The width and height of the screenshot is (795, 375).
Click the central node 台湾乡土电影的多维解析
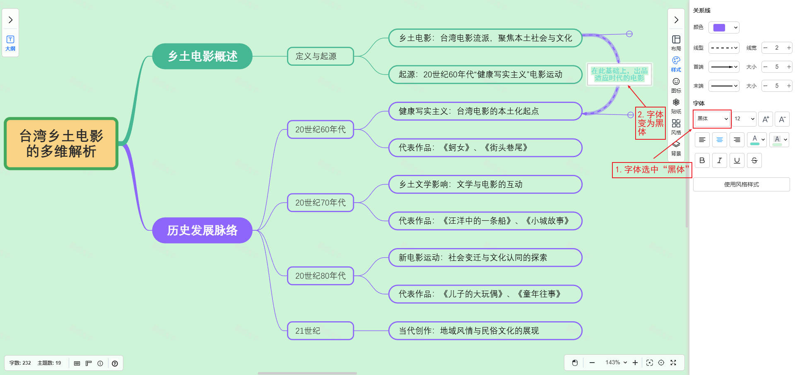(61, 143)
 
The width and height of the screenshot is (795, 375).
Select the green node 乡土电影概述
(202, 56)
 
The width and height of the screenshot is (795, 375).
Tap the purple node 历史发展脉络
(202, 230)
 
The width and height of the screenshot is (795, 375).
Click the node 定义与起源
(320, 56)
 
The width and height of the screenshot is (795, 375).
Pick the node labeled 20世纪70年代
(320, 203)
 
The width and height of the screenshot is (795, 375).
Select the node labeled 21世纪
(320, 331)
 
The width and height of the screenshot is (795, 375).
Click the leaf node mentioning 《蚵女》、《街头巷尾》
(485, 148)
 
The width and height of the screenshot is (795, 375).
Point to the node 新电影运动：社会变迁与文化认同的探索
(485, 258)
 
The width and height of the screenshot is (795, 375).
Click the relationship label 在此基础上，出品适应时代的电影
(619, 74)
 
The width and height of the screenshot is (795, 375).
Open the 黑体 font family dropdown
(712, 119)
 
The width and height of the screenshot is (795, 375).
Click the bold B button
(702, 160)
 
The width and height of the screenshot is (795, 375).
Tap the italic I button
(720, 160)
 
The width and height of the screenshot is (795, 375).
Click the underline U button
(737, 160)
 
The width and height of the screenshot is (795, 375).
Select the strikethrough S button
(754, 160)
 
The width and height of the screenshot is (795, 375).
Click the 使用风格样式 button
(741, 184)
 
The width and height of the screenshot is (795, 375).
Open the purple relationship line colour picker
(723, 28)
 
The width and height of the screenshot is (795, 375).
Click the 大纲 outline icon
(10, 43)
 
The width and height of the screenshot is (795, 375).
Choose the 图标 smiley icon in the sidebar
(676, 84)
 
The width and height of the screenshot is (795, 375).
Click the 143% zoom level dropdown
(616, 363)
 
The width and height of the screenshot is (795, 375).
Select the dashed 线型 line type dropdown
(724, 48)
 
